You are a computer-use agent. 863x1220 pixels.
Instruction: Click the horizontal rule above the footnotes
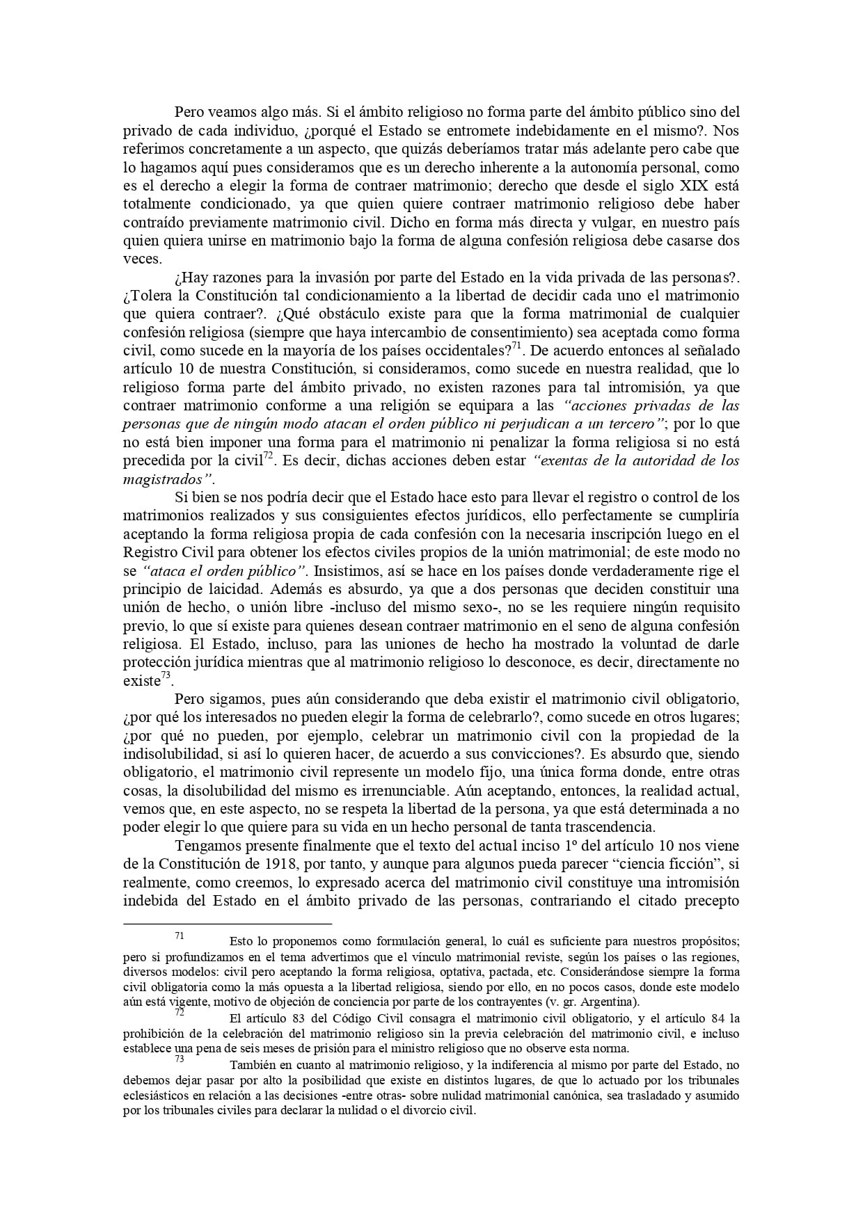tap(227, 924)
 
